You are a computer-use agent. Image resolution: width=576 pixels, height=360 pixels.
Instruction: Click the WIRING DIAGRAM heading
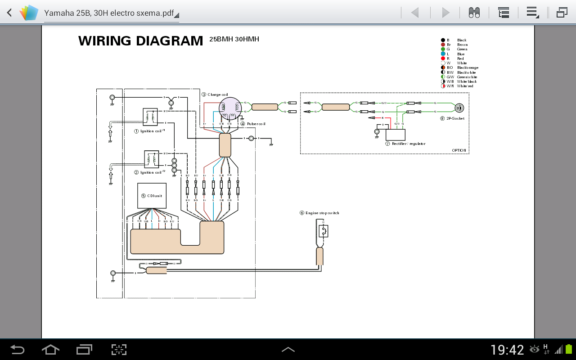pyautogui.click(x=140, y=41)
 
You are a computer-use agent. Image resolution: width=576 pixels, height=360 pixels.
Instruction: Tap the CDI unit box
pyautogui.click(x=152, y=195)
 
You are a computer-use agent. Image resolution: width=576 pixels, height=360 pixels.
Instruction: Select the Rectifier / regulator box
pyautogui.click(x=395, y=135)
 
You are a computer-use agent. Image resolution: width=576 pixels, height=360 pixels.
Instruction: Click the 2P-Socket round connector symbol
pyautogui.click(x=459, y=108)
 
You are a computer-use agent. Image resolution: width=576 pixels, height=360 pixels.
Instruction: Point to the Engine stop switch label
pyautogui.click(x=322, y=213)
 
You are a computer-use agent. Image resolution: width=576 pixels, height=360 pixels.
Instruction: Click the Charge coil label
pyautogui.click(x=217, y=94)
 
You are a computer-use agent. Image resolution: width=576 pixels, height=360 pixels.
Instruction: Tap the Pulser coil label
pyautogui.click(x=256, y=124)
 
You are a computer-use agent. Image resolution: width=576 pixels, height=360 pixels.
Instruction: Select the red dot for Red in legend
pyautogui.click(x=443, y=58)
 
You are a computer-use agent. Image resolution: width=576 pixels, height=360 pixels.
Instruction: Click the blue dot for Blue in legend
pyautogui.click(x=443, y=54)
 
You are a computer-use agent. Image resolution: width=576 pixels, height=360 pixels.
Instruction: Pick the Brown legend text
pyautogui.click(x=462, y=45)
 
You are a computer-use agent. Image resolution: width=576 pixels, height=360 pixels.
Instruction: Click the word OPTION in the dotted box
pyautogui.click(x=459, y=150)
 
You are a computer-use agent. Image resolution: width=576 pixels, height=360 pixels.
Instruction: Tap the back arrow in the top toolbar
pyautogui.click(x=9, y=13)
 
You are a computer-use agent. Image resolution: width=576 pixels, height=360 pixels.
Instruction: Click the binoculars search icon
pyautogui.click(x=474, y=13)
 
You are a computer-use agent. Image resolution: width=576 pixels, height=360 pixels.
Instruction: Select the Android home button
pyautogui.click(x=50, y=350)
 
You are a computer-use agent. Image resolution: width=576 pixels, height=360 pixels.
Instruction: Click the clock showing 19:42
pyautogui.click(x=507, y=350)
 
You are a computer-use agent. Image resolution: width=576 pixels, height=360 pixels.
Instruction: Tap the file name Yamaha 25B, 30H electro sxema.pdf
pyautogui.click(x=109, y=13)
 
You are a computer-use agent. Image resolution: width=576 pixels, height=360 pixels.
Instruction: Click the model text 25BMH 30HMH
pyautogui.click(x=234, y=39)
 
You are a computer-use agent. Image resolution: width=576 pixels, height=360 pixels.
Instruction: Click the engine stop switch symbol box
pyautogui.click(x=323, y=231)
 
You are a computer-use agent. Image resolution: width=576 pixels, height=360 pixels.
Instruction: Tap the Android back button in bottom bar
pyautogui.click(x=18, y=350)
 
